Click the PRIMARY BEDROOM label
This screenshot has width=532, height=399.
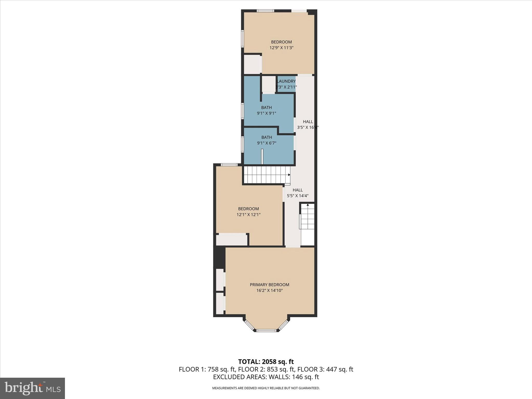269,284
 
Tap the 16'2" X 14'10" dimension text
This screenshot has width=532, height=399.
269,290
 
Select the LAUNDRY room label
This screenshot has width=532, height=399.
286,81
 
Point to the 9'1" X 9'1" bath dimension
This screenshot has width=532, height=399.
267,113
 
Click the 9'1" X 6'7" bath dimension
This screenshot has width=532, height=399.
267,143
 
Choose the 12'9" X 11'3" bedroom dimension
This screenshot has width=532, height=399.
281,48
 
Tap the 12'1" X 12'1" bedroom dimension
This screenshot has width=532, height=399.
248,215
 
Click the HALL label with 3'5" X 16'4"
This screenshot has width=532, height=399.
308,122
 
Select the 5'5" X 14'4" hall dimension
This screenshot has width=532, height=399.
297,196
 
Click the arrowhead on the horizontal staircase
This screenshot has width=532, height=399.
289,175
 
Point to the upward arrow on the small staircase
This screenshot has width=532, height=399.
308,205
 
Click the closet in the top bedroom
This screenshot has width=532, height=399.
252,64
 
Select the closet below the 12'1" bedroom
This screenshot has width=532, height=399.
231,240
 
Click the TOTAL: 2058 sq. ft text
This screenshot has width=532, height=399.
266,362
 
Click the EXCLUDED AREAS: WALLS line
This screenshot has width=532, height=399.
266,377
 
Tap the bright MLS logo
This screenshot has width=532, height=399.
32,388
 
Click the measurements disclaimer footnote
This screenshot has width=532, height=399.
266,388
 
